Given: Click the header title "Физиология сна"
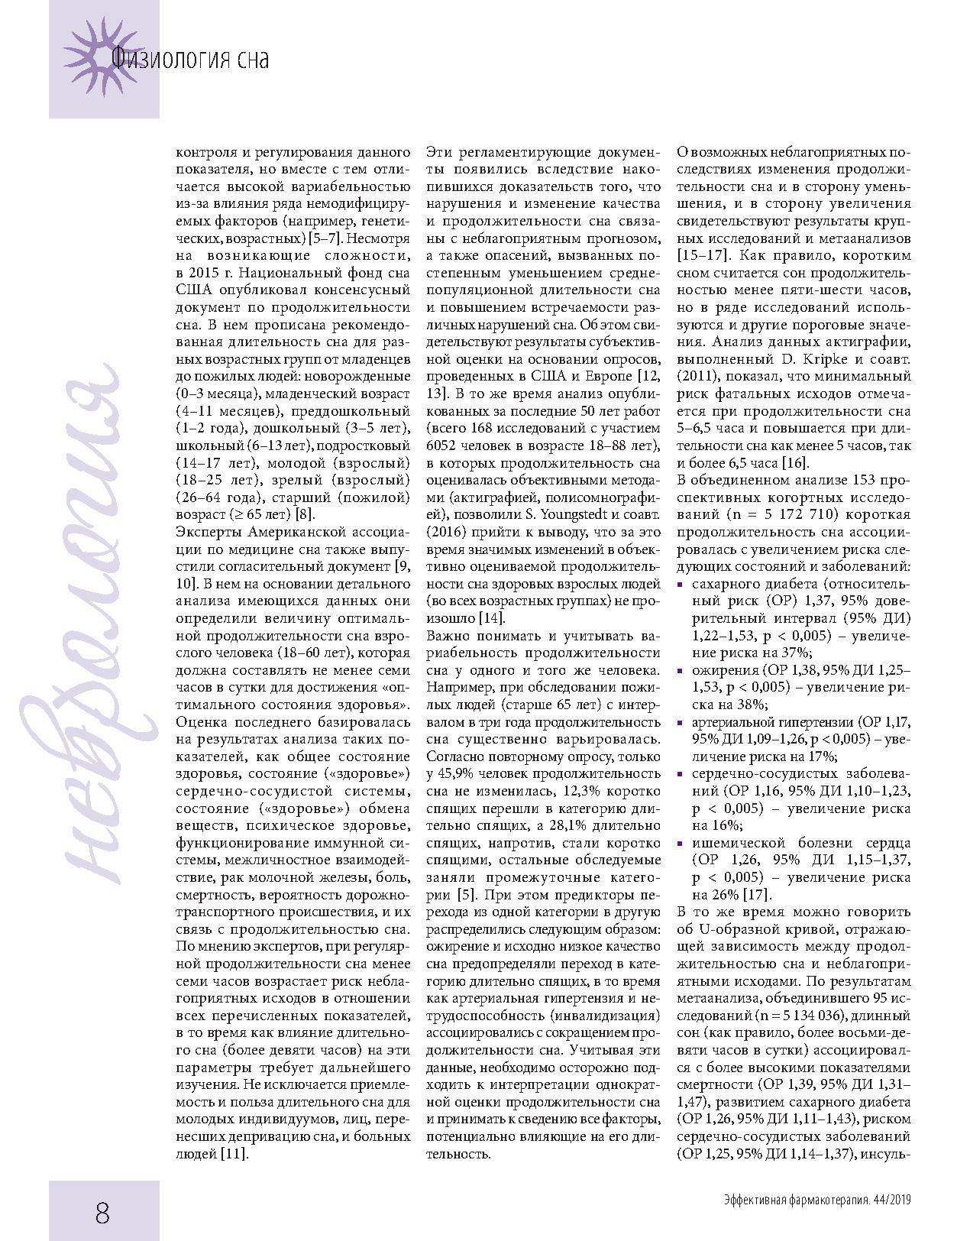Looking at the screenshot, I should (x=190, y=59).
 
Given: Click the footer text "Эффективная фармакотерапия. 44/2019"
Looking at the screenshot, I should (x=817, y=1200).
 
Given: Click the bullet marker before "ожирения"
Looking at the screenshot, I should (x=681, y=670).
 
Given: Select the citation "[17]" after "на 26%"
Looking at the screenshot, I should (x=757, y=894).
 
